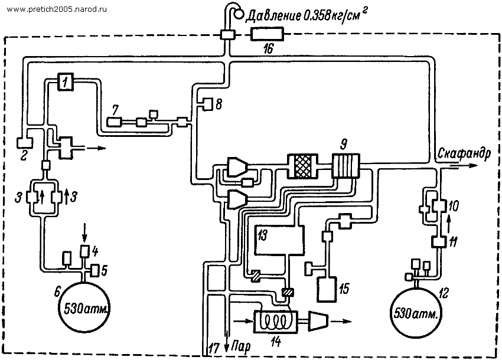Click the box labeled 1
(x=66, y=82)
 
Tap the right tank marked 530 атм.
(x=416, y=312)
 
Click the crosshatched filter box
(x=303, y=166)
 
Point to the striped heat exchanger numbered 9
(x=345, y=165)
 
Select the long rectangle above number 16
(x=267, y=34)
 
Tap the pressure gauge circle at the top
(x=239, y=14)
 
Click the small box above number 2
(x=22, y=143)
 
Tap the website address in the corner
(x=57, y=9)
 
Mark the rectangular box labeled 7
(x=113, y=122)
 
